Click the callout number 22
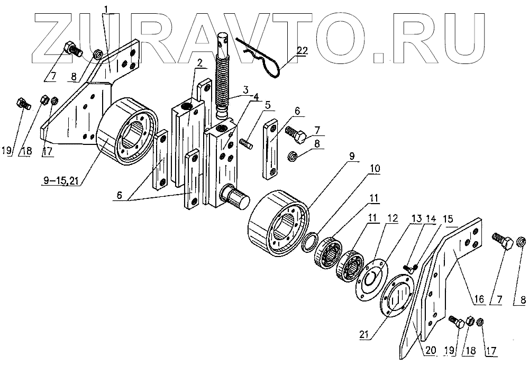[x=302, y=51]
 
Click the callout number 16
[x=479, y=300]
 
